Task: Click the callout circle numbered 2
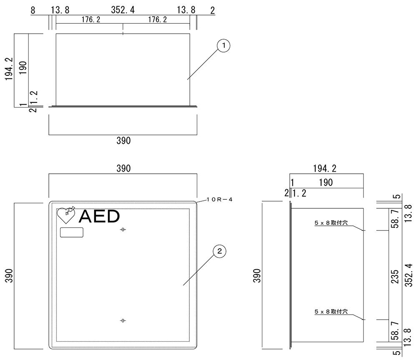tap(220, 251)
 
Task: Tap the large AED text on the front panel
tap(99, 216)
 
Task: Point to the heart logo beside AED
tap(66, 215)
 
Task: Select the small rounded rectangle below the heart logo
tap(72, 232)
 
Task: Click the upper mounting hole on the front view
tap(123, 230)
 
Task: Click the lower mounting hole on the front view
tap(123, 320)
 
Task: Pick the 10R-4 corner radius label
tap(219, 200)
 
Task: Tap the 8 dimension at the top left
tap(33, 10)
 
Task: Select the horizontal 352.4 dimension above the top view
tap(123, 10)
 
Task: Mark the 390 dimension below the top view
tap(123, 141)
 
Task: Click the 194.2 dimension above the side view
tap(324, 168)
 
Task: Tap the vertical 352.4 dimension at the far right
tap(409, 275)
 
